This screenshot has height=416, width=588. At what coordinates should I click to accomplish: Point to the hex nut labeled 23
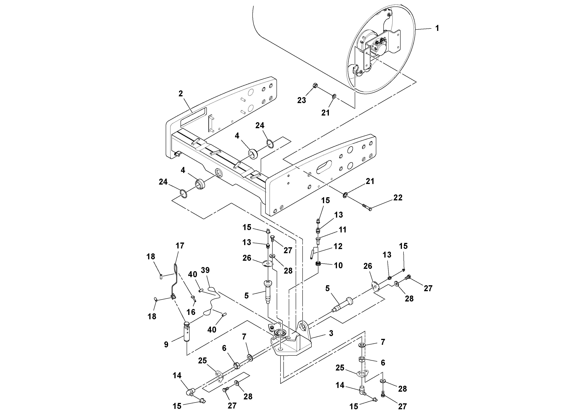click(315, 86)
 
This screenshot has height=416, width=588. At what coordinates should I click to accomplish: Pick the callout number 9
click(166, 344)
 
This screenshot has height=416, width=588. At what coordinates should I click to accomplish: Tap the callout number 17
click(180, 246)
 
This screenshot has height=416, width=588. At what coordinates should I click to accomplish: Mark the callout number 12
click(338, 246)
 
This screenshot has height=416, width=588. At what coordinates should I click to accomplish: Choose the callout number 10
click(338, 265)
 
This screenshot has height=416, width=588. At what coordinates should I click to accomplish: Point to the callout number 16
click(191, 312)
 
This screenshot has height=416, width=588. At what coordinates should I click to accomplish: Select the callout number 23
click(301, 100)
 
